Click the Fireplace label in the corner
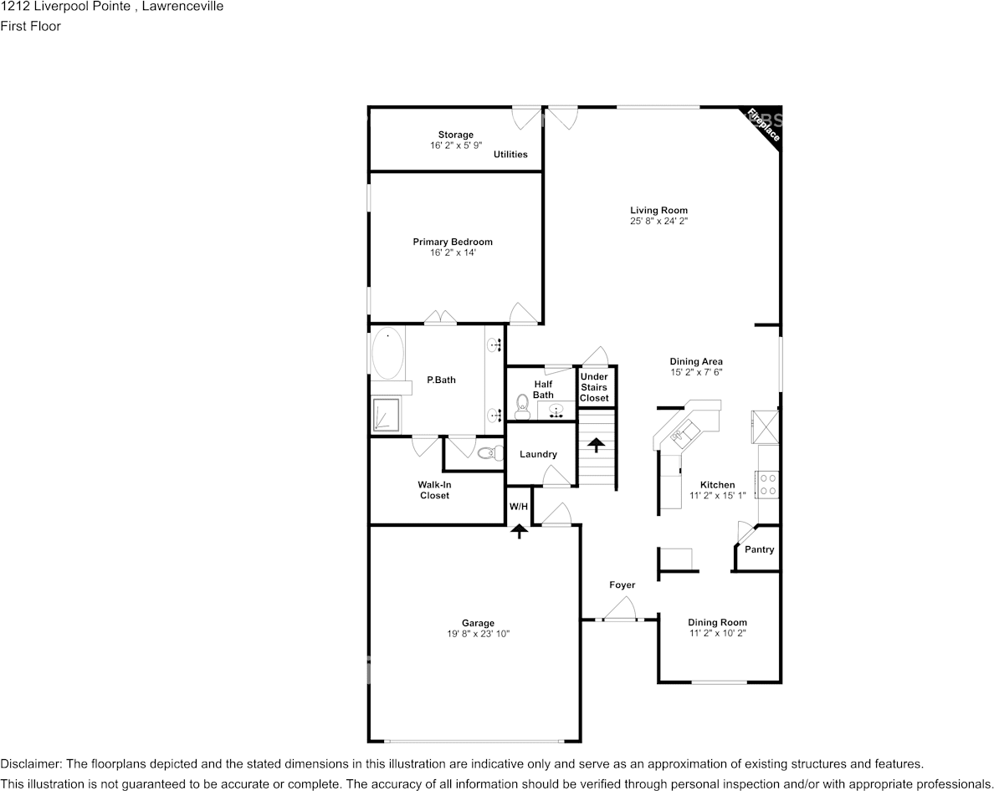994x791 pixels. tap(763, 125)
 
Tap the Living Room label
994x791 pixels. tap(658, 210)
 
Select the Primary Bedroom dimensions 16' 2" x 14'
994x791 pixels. tap(453, 253)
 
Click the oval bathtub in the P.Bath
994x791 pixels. tap(387, 354)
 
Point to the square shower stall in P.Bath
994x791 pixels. tap(386, 415)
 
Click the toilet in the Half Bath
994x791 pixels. tap(522, 407)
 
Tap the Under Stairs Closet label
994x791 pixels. tap(594, 388)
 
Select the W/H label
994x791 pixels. tap(519, 507)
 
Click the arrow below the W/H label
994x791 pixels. tap(520, 531)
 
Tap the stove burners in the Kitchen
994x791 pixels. tap(768, 484)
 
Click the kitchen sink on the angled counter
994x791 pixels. tap(684, 433)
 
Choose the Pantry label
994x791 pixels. tap(760, 549)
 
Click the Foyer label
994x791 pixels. tap(622, 585)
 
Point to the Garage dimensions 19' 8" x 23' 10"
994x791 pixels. tap(478, 634)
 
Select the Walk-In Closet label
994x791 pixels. tap(434, 490)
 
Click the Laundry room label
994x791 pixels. tap(538, 454)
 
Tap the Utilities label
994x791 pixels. tap(510, 154)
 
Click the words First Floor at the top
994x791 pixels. tap(30, 26)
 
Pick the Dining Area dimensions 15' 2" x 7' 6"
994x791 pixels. tap(696, 372)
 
